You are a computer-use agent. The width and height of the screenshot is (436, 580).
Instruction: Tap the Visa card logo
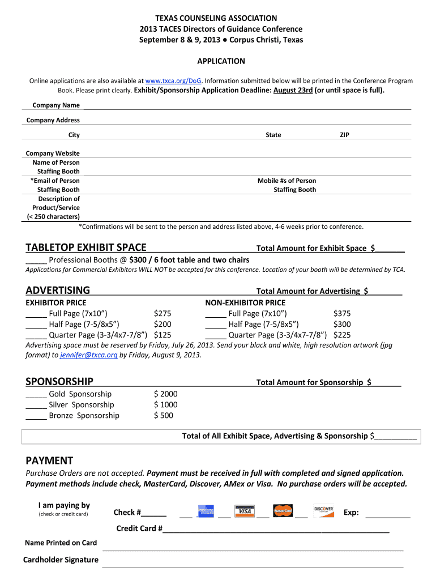245,511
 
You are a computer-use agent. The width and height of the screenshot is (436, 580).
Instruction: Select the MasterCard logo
283,511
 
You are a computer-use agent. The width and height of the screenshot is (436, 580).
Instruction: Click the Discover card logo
323,510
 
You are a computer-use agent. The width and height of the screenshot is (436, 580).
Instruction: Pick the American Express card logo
206,511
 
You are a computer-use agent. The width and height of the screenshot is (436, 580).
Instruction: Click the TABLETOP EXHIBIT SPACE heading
86,248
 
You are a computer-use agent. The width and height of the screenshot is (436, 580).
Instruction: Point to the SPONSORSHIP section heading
59,381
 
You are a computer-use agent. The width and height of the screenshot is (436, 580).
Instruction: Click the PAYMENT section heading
49,460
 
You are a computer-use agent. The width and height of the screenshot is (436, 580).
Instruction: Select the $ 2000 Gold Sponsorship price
165,394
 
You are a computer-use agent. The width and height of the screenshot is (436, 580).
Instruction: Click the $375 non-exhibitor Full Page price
342,313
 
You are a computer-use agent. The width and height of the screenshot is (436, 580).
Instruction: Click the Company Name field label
56,105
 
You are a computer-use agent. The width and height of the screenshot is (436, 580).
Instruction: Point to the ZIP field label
345,135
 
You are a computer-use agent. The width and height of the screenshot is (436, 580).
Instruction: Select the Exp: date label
351,513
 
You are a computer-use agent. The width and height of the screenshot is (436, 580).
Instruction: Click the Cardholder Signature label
61,560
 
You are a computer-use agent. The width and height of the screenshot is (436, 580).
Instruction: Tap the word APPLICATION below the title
221,61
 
